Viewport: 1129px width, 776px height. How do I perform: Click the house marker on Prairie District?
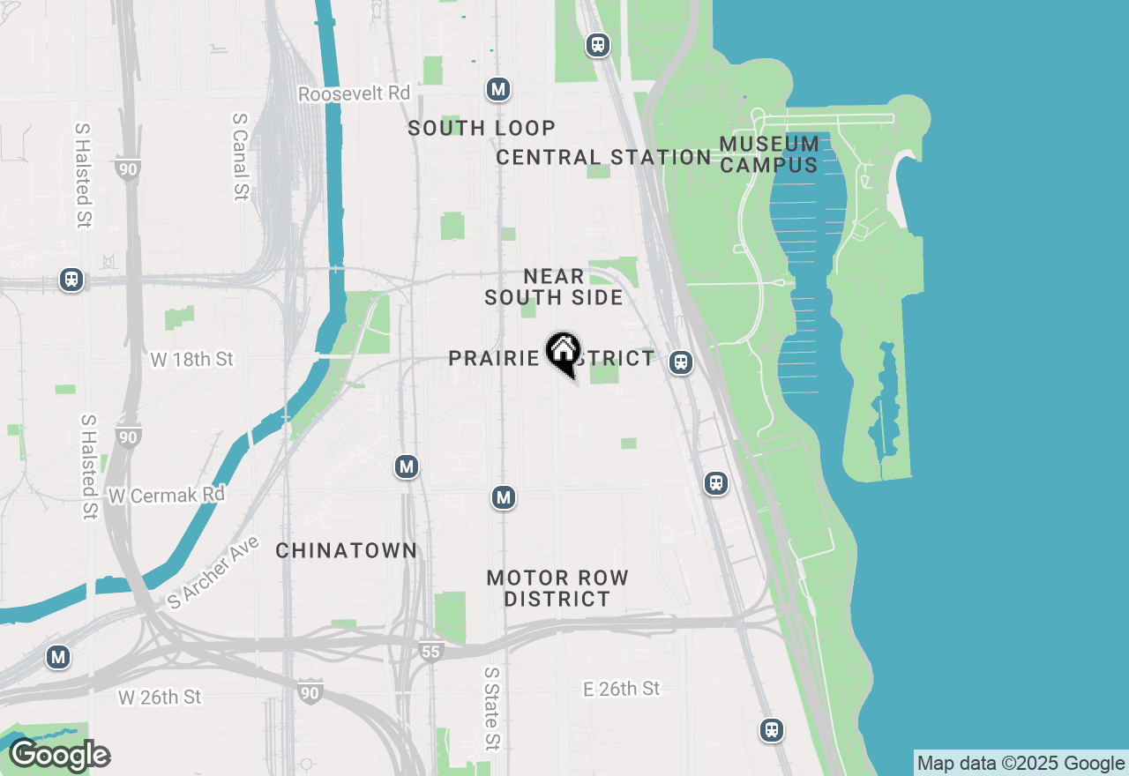(x=563, y=353)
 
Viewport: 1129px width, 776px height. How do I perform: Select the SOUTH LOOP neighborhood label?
(x=482, y=128)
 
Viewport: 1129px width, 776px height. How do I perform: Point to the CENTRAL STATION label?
(x=603, y=157)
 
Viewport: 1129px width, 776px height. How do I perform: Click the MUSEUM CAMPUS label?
(x=769, y=153)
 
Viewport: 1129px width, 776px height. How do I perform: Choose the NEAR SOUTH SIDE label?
(x=554, y=287)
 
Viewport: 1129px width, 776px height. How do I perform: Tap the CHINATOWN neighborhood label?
(x=346, y=550)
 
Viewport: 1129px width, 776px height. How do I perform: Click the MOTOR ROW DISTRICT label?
(x=557, y=588)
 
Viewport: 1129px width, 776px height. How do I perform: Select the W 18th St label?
(x=192, y=360)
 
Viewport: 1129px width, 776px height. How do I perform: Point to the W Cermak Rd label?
(x=167, y=496)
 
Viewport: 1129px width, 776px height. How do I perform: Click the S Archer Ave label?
(x=214, y=572)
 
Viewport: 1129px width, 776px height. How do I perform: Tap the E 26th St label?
(x=622, y=689)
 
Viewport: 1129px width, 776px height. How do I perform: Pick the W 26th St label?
(x=160, y=698)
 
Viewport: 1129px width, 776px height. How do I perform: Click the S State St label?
(x=491, y=708)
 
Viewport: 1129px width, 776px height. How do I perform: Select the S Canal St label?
(x=240, y=156)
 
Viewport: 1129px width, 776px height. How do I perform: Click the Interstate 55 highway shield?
(x=430, y=652)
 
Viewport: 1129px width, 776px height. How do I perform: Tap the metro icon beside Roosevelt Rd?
(x=498, y=89)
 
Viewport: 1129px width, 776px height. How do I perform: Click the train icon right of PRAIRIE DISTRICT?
(x=680, y=362)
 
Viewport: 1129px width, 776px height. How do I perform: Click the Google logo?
(x=60, y=756)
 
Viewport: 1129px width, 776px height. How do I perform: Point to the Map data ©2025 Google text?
(x=1021, y=764)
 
